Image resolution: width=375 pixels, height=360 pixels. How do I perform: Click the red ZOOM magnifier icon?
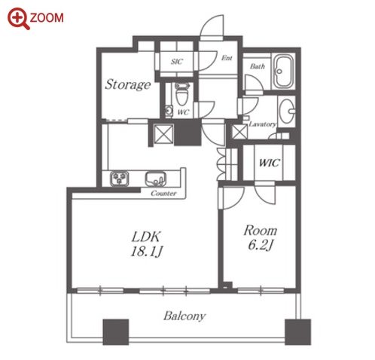(x=19, y=19)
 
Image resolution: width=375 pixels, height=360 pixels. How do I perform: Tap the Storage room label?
(x=128, y=85)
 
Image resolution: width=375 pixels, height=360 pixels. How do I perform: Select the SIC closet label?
(x=177, y=61)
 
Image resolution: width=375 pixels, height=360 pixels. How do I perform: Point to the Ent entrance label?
(x=227, y=58)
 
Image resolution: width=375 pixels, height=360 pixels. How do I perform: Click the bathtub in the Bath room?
(x=283, y=71)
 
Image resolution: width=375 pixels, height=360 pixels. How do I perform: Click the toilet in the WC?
(x=181, y=94)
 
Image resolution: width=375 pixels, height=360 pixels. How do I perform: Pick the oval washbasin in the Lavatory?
(x=287, y=111)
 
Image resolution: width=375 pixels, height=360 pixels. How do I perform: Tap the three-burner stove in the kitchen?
(x=120, y=178)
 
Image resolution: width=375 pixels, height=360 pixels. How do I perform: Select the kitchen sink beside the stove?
(x=156, y=178)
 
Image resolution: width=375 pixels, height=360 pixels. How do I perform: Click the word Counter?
(x=163, y=194)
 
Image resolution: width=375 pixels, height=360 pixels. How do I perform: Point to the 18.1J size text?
(x=147, y=252)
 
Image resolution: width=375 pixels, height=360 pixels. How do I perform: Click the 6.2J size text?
(x=261, y=245)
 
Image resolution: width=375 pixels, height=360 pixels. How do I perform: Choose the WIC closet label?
(x=269, y=163)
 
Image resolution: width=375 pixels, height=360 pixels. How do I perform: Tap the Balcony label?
(x=184, y=316)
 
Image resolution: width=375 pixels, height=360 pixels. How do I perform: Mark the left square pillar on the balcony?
(x=116, y=332)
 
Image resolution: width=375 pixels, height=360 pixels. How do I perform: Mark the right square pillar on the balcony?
(x=298, y=332)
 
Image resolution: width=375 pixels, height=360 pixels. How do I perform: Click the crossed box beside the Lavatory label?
(x=239, y=132)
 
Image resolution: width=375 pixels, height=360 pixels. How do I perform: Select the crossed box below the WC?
(x=163, y=134)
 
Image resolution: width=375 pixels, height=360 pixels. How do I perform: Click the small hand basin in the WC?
(x=169, y=110)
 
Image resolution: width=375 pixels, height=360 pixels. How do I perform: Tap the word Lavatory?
(x=262, y=124)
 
